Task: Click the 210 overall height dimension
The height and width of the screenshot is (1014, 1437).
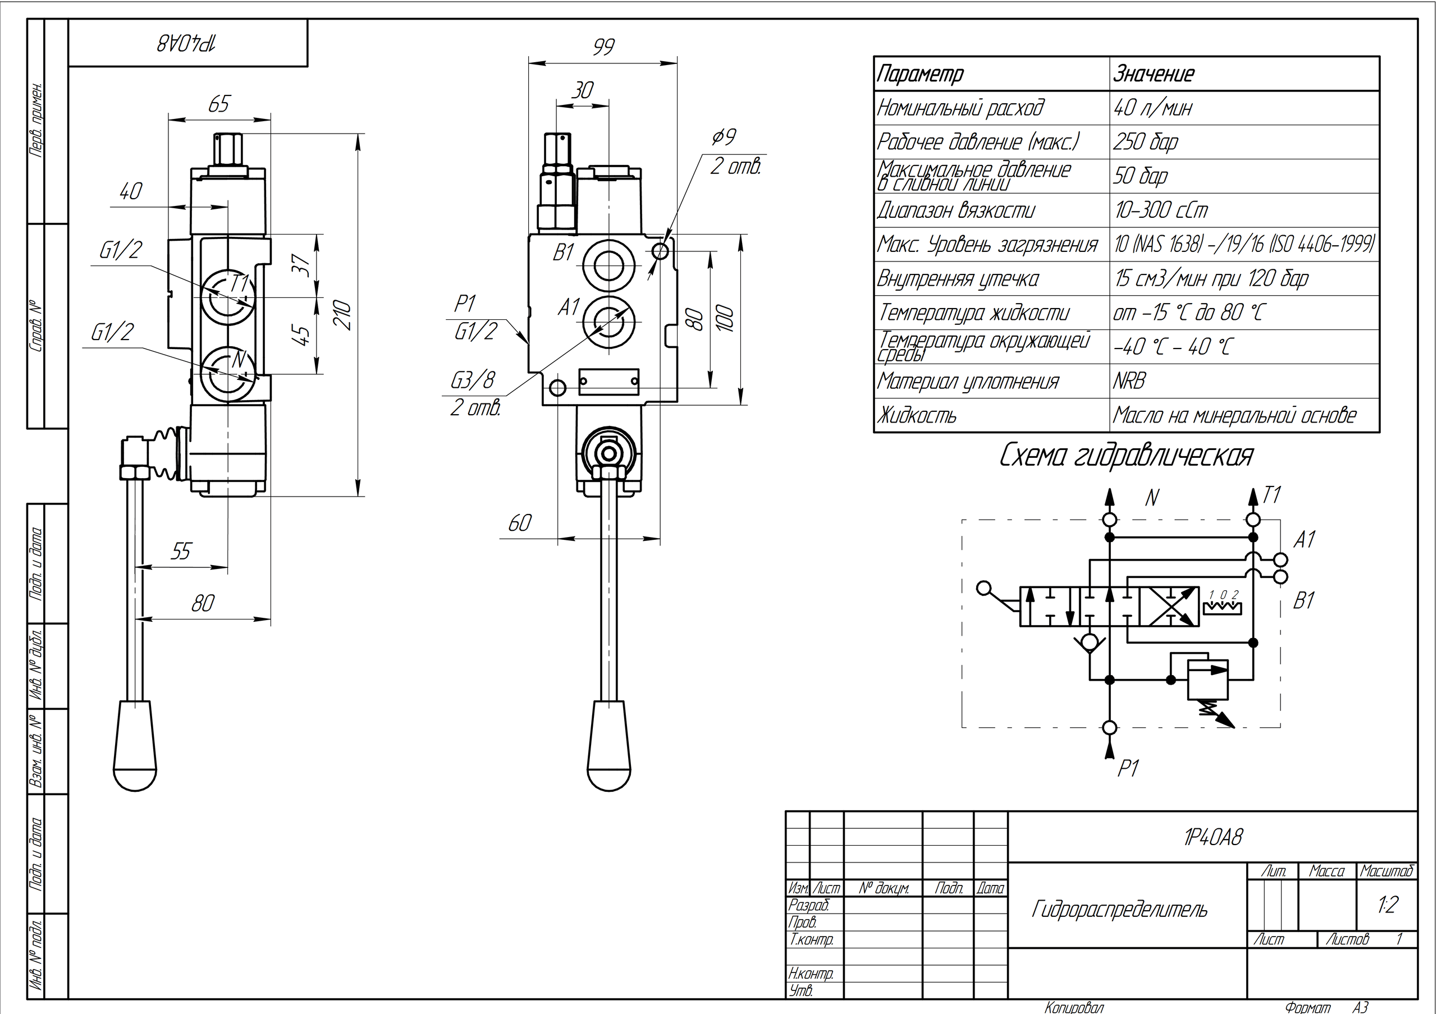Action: tap(344, 315)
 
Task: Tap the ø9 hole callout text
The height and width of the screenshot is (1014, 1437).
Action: tap(724, 137)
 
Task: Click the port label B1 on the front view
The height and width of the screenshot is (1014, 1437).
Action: tap(563, 253)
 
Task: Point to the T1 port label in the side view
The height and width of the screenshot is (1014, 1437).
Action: tap(239, 284)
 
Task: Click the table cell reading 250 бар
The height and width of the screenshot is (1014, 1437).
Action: tap(1145, 142)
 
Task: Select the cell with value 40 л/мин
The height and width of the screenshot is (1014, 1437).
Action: tap(1153, 108)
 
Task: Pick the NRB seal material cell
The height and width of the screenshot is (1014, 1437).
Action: tap(1129, 381)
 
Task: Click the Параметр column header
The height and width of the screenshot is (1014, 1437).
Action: tap(920, 75)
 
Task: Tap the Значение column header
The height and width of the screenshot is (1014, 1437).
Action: tap(1154, 75)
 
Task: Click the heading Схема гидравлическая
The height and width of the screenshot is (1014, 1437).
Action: tap(1126, 456)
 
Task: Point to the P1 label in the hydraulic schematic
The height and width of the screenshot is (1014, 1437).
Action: tap(1128, 768)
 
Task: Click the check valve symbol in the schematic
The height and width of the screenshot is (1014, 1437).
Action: tap(1090, 643)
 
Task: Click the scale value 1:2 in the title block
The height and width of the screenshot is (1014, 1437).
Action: tap(1388, 905)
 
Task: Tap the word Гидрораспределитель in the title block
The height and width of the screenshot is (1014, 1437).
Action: tap(1119, 909)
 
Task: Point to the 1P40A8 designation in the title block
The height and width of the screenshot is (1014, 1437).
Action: tap(1213, 837)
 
